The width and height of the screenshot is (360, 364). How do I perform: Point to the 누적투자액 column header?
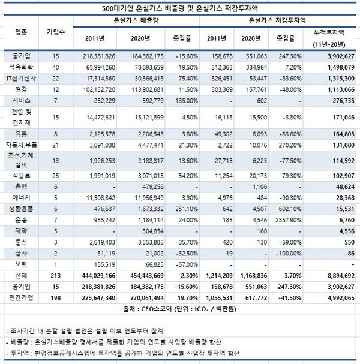pyautogui.click(x=334, y=35)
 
